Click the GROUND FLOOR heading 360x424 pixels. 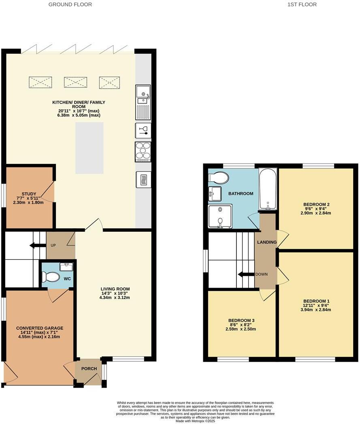click(70, 4)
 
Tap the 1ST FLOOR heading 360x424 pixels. click(302, 4)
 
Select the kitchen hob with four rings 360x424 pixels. click(143, 152)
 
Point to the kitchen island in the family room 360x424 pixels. click(89, 148)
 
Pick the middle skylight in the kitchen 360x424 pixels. click(75, 82)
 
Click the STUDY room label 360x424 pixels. click(29, 194)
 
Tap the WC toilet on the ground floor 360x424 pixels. click(51, 277)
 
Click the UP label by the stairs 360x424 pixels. click(53, 245)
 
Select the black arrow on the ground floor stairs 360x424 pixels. click(38, 245)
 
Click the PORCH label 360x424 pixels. click(89, 369)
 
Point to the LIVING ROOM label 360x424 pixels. click(115, 289)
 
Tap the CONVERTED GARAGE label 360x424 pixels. click(40, 328)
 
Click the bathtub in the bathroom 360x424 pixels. click(268, 189)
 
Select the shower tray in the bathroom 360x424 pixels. click(220, 216)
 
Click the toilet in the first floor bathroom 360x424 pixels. click(219, 178)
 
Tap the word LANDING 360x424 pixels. click(267, 242)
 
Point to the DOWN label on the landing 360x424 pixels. click(262, 274)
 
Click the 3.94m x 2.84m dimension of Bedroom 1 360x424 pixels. click(316, 310)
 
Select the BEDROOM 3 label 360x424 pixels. click(241, 320)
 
